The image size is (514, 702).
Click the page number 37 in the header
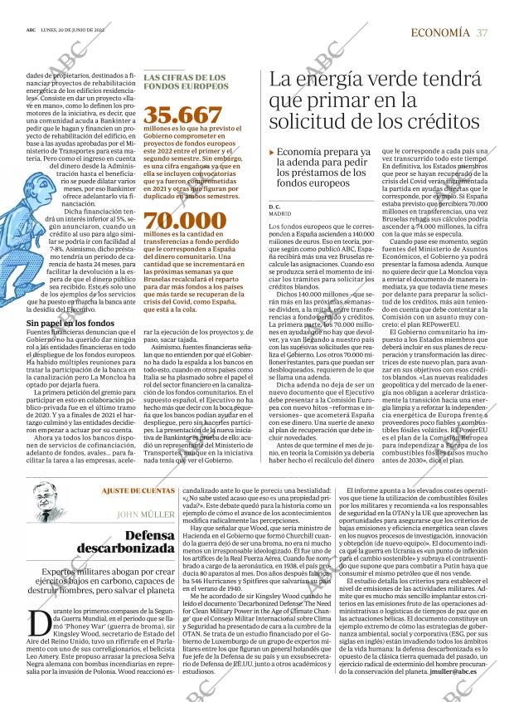482,32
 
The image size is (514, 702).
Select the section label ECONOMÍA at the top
440,32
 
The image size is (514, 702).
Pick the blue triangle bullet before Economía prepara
272,154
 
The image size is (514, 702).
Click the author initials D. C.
275,205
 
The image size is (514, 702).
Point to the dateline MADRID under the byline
280,213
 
